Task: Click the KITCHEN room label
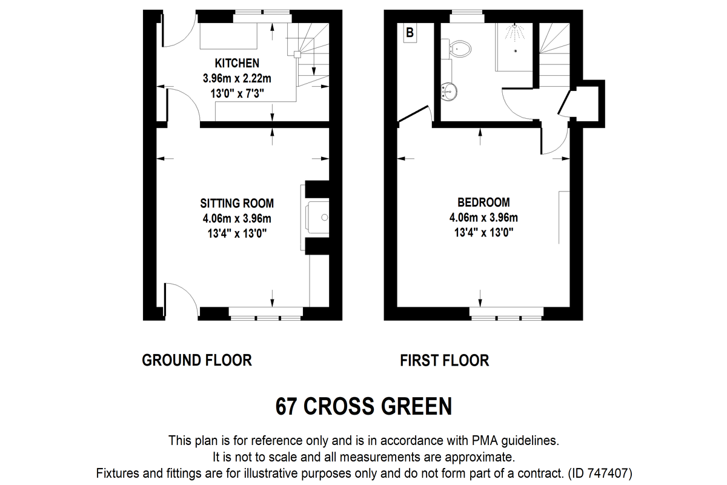(x=237, y=63)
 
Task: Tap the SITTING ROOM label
(x=237, y=203)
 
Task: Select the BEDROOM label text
(x=483, y=202)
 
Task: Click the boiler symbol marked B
(x=410, y=33)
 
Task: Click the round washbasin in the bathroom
(x=449, y=90)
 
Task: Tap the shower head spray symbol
(x=515, y=33)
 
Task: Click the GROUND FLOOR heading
(x=197, y=360)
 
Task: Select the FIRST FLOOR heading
(x=444, y=361)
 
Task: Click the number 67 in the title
(x=286, y=406)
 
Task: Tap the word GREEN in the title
(x=416, y=406)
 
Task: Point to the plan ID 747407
(x=608, y=473)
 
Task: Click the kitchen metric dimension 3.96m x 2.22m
(x=237, y=78)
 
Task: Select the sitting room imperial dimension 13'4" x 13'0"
(x=237, y=233)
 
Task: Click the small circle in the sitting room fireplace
(x=325, y=218)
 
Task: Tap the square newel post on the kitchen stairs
(x=297, y=55)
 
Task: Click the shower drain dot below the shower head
(x=516, y=51)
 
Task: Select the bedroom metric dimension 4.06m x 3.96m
(x=483, y=217)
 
